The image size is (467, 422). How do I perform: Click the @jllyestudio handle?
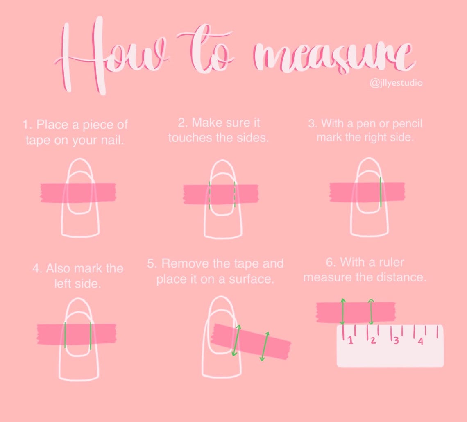(396, 83)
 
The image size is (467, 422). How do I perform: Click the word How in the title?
(110, 55)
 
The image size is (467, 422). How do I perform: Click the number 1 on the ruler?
(350, 340)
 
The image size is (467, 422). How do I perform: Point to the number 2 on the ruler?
(373, 340)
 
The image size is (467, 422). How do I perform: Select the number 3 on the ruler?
(396, 340)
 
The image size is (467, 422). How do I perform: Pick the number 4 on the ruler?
(420, 341)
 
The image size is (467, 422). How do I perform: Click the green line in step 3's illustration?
(380, 192)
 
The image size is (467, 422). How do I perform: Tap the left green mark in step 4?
(65, 335)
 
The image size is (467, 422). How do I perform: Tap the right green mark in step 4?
(91, 336)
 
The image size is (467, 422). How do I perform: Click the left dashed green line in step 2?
(210, 195)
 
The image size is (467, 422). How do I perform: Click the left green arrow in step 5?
(236, 340)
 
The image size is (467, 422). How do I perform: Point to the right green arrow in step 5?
(265, 346)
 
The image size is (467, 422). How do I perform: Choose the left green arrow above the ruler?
(342, 311)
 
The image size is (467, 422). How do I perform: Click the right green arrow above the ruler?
(371, 312)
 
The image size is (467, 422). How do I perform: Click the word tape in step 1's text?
(38, 140)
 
